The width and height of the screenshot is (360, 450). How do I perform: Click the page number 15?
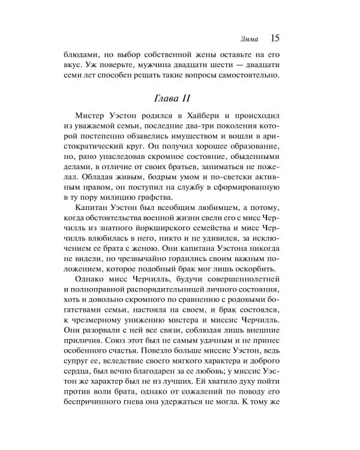(x=275, y=39)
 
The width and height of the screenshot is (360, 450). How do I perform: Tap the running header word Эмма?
(x=248, y=40)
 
